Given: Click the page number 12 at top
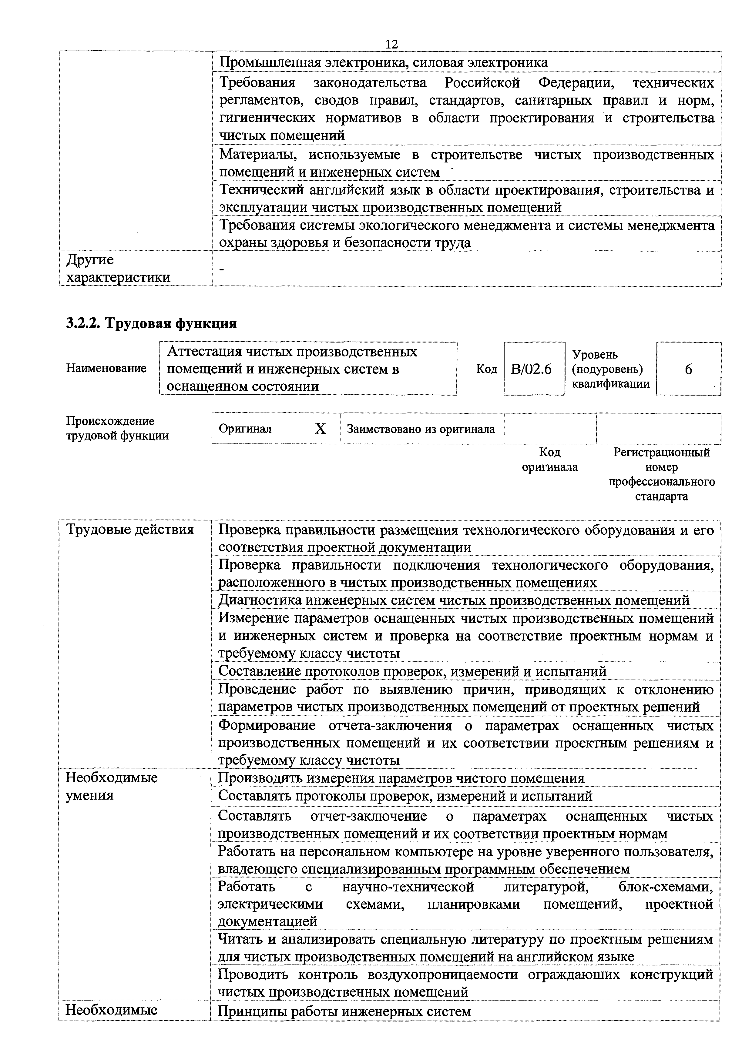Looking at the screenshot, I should pyautogui.click(x=391, y=45).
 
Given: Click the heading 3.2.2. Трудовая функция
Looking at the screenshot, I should pyautogui.click(x=151, y=323).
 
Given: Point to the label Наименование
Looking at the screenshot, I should pyautogui.click(x=106, y=369).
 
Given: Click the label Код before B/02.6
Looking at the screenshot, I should pyautogui.click(x=486, y=369).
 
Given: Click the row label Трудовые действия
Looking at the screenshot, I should pyautogui.click(x=130, y=530).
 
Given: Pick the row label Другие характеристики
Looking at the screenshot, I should pyautogui.click(x=118, y=269).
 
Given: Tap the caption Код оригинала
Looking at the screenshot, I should pyautogui.click(x=550, y=459).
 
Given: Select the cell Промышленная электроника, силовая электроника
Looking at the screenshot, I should pyautogui.click(x=383, y=62).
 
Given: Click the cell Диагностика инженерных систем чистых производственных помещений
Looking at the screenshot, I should pyautogui.click(x=454, y=600).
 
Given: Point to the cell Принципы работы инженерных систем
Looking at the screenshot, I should pyautogui.click(x=344, y=1024).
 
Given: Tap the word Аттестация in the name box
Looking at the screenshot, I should pyautogui.click(x=204, y=352).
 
